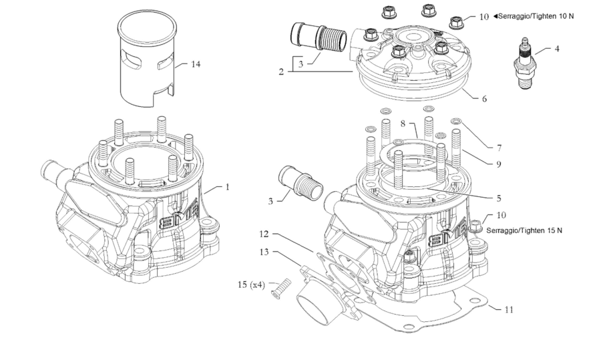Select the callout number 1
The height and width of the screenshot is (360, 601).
[x=227, y=188]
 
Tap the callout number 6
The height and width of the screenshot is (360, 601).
[x=484, y=98]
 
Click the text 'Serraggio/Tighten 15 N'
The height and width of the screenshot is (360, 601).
[x=524, y=230]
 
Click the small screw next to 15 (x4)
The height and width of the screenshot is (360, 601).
[x=279, y=289]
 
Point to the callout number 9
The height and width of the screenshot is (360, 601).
[x=499, y=162]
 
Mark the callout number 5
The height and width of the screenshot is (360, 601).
[x=499, y=198]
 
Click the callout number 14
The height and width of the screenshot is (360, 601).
[x=195, y=64]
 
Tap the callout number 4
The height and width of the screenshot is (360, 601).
[x=557, y=48]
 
